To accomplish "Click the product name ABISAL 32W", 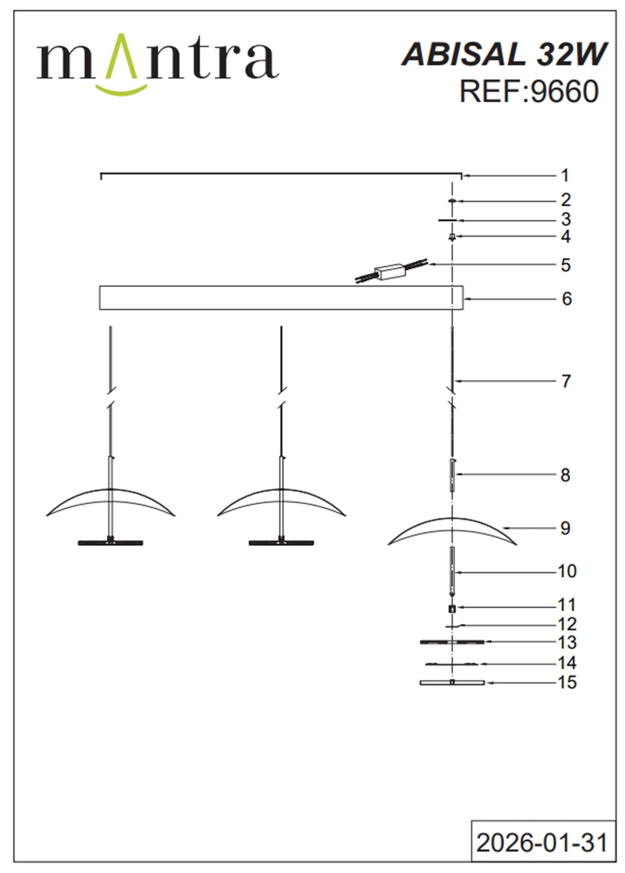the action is tap(504, 54).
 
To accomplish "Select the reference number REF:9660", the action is tap(529, 91).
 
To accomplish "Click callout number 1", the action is tap(565, 175).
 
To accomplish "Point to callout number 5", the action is tap(565, 265).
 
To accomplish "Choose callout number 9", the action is tap(565, 528).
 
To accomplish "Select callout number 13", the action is tap(567, 642).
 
